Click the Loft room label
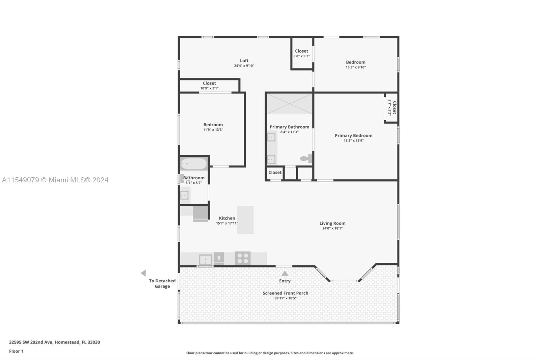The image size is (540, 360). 244,61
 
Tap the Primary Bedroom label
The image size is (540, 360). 353,135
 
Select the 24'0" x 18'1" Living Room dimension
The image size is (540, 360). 332,228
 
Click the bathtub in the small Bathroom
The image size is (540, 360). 194,164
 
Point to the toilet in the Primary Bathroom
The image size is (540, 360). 306,158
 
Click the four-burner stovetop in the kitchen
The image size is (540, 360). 243,258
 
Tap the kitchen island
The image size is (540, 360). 245,220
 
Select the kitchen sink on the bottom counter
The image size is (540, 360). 205,260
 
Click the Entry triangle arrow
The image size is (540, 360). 285,274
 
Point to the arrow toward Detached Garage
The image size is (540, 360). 143,273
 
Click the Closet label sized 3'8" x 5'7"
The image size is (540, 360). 301,51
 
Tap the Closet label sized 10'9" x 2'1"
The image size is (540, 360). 209,83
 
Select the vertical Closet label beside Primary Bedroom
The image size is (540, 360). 394,107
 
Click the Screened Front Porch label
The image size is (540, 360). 285,293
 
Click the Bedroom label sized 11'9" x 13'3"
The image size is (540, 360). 213,125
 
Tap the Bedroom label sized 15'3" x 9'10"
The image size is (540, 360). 355,62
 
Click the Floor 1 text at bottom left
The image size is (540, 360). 16,351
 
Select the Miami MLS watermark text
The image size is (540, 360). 55,180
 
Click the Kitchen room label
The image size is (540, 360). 227,218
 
